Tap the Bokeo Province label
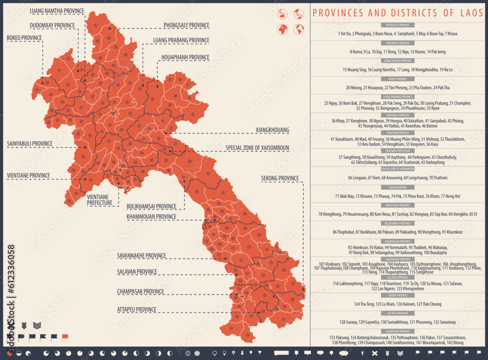[x=24, y=38]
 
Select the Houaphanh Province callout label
[x=185, y=58]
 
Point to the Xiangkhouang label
[x=272, y=130]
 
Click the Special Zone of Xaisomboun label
[x=257, y=148]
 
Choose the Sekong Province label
[x=280, y=178]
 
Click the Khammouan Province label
[x=151, y=216]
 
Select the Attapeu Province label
[x=136, y=309]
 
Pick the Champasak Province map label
[x=140, y=292]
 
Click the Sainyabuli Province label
[x=29, y=144]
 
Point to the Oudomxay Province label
[x=52, y=25]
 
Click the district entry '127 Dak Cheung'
[x=428, y=304]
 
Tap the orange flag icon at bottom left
[x=65, y=337]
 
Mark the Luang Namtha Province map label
[x=57, y=11]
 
